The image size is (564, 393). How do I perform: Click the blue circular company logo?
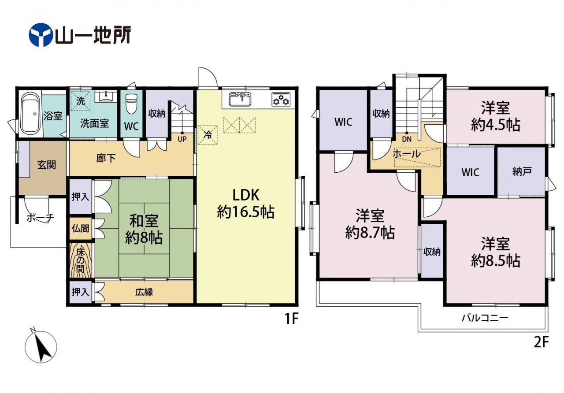tap(41, 35)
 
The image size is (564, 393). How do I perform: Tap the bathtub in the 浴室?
tap(30, 114)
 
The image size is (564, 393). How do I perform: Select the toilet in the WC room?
tap(131, 103)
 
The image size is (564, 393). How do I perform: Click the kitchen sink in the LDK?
tap(240, 99)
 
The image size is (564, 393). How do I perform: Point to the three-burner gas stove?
tap(281, 99)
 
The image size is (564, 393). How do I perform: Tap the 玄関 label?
tap(47, 165)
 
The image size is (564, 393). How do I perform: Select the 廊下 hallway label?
tap(106, 158)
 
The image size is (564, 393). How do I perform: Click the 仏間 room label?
tap(80, 228)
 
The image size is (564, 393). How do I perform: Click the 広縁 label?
tap(144, 292)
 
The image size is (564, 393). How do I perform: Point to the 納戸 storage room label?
tap(522, 171)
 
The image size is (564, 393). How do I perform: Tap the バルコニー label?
tap(485, 318)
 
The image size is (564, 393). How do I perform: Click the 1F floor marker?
tap(291, 319)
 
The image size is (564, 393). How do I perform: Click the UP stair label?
tap(182, 139)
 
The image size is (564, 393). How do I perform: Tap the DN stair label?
tap(407, 139)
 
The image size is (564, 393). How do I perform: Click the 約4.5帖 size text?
tap(496, 125)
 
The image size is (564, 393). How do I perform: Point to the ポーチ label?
tap(40, 218)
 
